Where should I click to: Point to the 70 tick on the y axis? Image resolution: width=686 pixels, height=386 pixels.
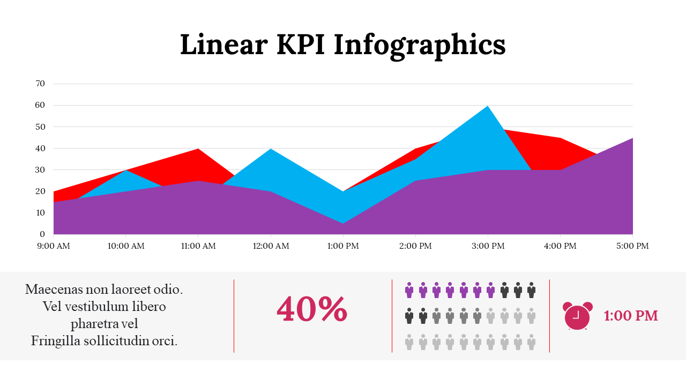tap(40, 84)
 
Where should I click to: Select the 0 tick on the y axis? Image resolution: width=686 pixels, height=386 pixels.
tap(42, 234)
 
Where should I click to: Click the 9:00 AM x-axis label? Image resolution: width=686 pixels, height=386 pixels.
tap(54, 246)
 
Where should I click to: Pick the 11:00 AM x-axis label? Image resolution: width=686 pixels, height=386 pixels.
tap(198, 246)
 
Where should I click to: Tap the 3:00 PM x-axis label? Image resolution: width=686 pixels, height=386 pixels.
tap(488, 246)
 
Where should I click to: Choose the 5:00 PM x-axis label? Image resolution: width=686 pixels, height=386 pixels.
tap(632, 246)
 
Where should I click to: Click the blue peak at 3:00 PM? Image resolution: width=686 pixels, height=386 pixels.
tap(488, 107)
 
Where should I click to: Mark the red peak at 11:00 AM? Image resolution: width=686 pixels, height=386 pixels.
tap(198, 150)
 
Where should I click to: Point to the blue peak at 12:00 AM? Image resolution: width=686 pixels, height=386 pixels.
tap(271, 150)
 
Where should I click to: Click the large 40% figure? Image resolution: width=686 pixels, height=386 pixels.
tap(312, 309)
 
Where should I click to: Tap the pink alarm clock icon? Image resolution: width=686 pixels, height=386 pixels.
tap(577, 316)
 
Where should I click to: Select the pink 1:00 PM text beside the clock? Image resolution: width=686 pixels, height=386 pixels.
tap(631, 316)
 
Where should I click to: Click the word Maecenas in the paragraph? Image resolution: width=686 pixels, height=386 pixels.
tap(54, 289)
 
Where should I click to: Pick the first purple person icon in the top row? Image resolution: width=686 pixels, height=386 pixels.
tap(409, 290)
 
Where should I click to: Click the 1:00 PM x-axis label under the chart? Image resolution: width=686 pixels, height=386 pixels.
tap(343, 246)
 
